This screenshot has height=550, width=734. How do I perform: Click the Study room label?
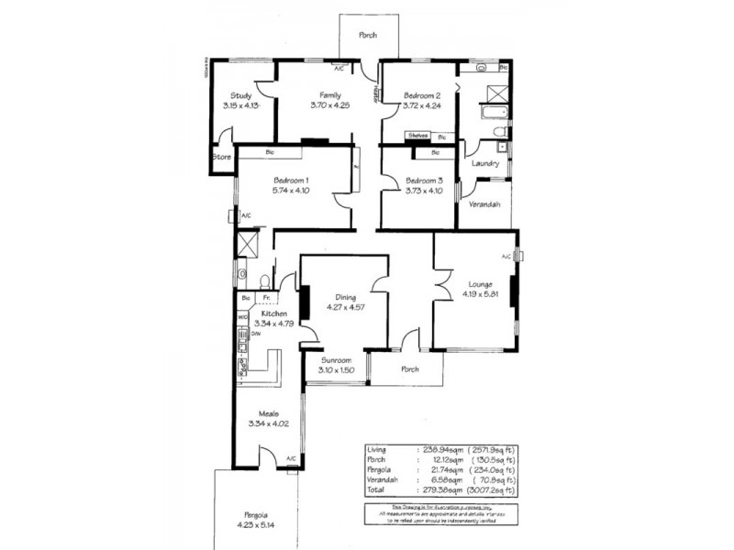pyautogui.click(x=241, y=95)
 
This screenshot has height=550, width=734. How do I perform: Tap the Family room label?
pyautogui.click(x=330, y=95)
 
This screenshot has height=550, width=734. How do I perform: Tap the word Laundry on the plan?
pyautogui.click(x=484, y=164)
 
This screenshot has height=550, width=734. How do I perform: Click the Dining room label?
pyautogui.click(x=345, y=297)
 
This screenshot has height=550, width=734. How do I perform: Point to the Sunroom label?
pyautogui.click(x=335, y=360)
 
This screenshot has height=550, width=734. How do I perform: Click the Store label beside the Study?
pyautogui.click(x=221, y=157)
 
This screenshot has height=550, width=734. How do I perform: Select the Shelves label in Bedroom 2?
pyautogui.click(x=418, y=136)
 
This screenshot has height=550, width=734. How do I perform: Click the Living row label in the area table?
pyautogui.click(x=376, y=450)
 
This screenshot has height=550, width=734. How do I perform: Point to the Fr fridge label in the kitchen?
pyautogui.click(x=266, y=298)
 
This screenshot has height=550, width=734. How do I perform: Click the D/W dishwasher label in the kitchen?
pyautogui.click(x=257, y=334)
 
